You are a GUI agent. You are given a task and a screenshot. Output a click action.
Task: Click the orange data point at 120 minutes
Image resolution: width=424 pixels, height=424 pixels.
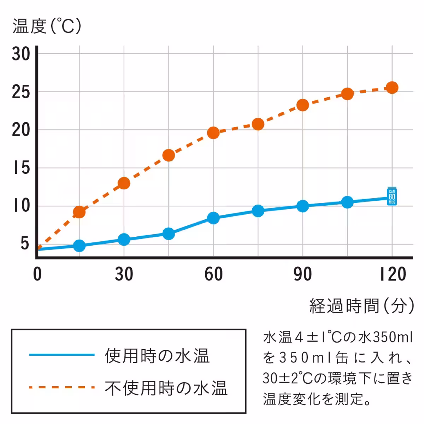tap(392, 88)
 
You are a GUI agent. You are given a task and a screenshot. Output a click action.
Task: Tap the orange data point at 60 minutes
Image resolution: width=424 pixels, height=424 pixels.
tap(213, 133)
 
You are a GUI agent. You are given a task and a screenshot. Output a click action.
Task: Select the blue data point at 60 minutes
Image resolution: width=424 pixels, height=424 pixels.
tap(213, 218)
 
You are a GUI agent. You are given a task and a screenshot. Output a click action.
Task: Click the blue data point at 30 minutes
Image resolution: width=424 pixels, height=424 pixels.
tap(124, 240)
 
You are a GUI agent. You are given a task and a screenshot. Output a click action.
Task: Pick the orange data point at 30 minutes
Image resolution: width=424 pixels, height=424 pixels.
tap(124, 183)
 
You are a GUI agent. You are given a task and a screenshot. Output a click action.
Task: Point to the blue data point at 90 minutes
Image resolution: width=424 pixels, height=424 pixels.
tap(303, 206)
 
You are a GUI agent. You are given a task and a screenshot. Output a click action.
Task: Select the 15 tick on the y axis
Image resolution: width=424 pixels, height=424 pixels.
tap(21, 168)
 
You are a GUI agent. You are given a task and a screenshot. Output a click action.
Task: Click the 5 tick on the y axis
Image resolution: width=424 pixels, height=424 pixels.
tap(24, 244)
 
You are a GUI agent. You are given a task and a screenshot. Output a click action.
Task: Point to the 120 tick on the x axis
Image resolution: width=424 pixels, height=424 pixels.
tap(393, 275)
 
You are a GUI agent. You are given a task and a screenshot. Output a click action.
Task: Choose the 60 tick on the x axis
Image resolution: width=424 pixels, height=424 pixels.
tap(213, 275)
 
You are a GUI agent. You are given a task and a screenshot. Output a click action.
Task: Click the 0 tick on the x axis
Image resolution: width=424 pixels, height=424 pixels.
tap(37, 275)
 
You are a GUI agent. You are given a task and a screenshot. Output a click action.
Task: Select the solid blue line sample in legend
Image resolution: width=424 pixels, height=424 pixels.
tap(62, 355)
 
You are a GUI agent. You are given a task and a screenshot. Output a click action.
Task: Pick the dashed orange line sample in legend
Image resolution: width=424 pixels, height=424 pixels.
tap(62, 387)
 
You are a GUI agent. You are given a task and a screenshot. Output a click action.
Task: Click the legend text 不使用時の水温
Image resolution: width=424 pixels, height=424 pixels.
tap(166, 388)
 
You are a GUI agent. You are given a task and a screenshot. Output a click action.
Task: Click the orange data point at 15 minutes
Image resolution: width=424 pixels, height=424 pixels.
tap(79, 212)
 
